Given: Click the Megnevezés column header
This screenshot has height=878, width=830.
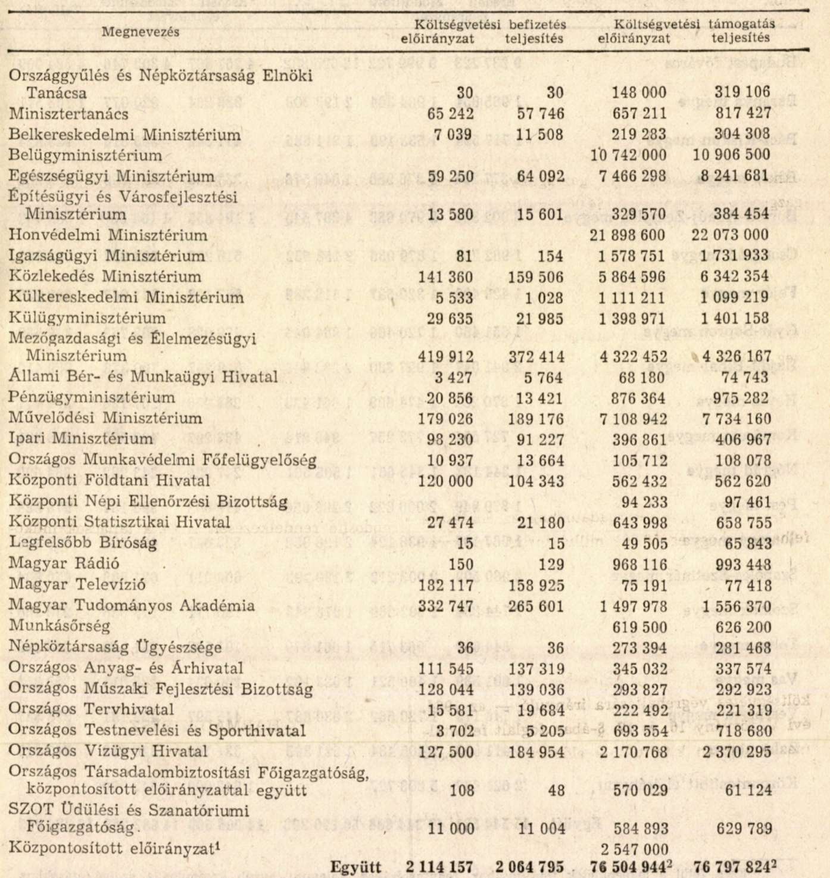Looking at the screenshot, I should click(x=140, y=32).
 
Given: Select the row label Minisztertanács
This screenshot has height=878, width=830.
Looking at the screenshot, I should click(x=68, y=114).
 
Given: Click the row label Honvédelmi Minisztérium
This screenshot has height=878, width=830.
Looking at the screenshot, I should click(x=108, y=235).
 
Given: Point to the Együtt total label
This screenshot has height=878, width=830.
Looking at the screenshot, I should click(x=356, y=867).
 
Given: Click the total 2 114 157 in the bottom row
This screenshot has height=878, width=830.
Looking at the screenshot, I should click(x=440, y=867).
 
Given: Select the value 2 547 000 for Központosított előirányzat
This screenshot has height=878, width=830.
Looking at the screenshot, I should click(x=634, y=849).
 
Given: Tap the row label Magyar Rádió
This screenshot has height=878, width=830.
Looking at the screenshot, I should click(x=64, y=563).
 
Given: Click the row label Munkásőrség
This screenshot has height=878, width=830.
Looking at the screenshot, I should click(x=60, y=626).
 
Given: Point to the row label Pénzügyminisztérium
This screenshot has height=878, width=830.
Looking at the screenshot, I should click(x=92, y=397).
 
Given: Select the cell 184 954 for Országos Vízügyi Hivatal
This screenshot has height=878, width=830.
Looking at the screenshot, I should click(x=536, y=752).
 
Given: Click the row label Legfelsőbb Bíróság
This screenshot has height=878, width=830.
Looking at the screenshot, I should click(x=83, y=543).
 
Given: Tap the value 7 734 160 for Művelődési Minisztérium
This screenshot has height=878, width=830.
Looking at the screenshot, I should click(x=736, y=419).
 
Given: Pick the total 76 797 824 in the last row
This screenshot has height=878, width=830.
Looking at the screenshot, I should click(x=732, y=867).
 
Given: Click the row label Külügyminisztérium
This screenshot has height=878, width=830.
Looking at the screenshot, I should click(x=87, y=318).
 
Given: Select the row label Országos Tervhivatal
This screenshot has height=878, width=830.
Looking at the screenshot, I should click(x=91, y=709).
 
